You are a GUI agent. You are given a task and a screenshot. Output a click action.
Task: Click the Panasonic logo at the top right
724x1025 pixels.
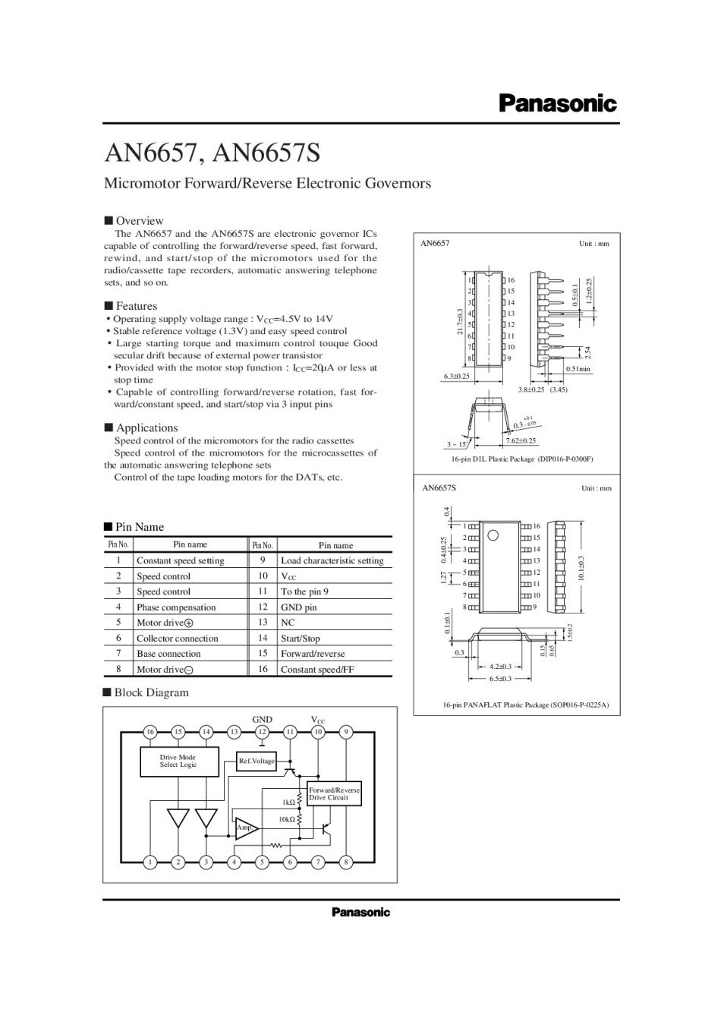(x=558, y=104)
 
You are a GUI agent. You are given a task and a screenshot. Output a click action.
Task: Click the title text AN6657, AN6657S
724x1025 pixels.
(x=212, y=153)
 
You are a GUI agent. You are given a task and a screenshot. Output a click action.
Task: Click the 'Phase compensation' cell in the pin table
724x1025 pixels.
(x=176, y=607)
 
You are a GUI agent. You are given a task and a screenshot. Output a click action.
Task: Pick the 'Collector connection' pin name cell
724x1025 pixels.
(x=177, y=639)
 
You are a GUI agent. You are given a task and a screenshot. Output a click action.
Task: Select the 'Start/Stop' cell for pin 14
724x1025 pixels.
(x=301, y=639)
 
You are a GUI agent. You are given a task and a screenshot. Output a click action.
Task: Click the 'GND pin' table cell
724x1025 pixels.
(x=299, y=607)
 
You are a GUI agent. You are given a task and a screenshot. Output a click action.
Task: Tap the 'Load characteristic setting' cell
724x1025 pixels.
(x=332, y=561)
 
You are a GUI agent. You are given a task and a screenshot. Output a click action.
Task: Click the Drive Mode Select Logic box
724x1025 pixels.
(x=178, y=761)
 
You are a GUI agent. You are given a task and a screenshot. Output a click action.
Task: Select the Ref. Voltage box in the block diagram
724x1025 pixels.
(x=257, y=761)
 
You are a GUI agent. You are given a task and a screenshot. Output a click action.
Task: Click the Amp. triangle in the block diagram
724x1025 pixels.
(x=245, y=828)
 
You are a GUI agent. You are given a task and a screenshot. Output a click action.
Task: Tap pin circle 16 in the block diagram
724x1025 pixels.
(x=150, y=732)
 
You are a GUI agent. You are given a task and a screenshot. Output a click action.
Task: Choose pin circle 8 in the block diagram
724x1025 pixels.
(x=346, y=862)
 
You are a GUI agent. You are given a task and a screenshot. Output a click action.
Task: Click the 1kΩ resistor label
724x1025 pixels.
(x=288, y=802)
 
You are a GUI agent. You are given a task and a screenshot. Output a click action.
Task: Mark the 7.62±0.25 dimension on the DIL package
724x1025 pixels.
(x=521, y=440)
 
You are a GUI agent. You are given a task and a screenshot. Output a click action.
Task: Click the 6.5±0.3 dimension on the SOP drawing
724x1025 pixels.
(x=500, y=678)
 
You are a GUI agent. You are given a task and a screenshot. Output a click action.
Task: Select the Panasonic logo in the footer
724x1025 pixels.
(x=360, y=912)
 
